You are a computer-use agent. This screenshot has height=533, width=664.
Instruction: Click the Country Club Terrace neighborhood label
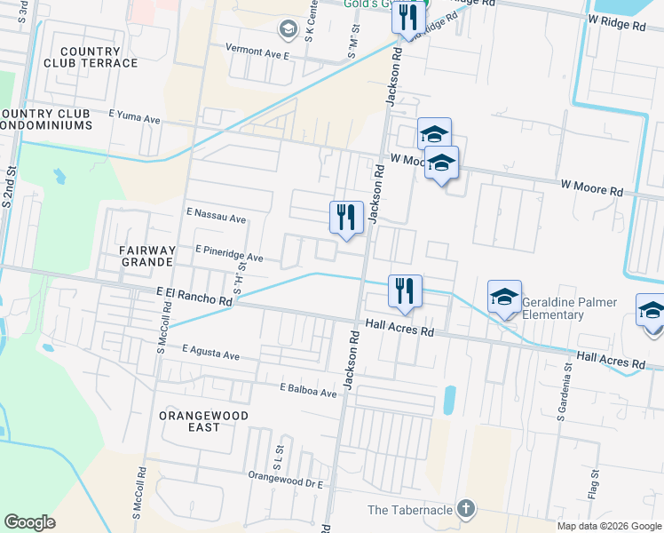click(99, 57)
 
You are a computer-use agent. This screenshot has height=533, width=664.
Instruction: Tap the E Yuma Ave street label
click(134, 116)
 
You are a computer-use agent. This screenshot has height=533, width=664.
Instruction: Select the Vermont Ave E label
click(257, 54)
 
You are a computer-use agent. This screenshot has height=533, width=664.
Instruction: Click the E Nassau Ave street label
click(216, 218)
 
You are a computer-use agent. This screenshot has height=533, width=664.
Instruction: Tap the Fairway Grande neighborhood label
click(146, 257)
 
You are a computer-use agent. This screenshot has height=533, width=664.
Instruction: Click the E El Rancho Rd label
click(194, 296)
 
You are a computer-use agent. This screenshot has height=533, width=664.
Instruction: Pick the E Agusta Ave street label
click(211, 354)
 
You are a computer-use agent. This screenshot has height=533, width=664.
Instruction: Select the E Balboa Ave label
click(308, 390)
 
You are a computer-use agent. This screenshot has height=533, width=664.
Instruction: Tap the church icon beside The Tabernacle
click(466, 509)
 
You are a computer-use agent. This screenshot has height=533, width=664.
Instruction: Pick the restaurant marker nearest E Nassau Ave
click(346, 217)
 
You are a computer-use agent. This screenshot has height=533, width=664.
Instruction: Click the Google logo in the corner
click(29, 522)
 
